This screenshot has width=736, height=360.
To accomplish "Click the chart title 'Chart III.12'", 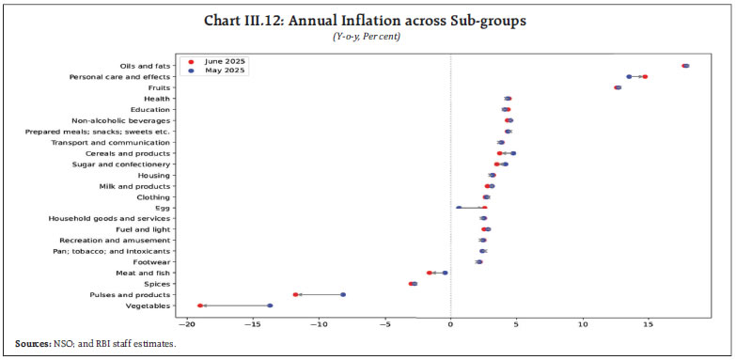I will (368, 23).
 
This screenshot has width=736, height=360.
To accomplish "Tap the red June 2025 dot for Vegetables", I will (200, 305).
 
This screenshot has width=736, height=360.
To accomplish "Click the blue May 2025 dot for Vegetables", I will (270, 305).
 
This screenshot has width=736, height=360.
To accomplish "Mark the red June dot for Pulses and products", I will (295, 294).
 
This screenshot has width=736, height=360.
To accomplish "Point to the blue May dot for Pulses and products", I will (343, 294).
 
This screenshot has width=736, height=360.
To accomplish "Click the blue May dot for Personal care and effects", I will (629, 76).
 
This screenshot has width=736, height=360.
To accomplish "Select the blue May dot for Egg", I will (459, 208).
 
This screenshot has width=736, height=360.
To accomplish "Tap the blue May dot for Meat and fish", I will (445, 273).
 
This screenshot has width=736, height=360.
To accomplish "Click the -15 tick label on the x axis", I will (254, 325).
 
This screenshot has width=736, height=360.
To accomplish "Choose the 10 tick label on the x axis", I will (582, 325).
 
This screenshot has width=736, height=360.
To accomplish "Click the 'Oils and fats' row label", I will (146, 66).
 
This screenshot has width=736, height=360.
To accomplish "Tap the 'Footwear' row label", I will (151, 262).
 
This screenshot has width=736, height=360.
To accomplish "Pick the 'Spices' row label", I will (156, 284).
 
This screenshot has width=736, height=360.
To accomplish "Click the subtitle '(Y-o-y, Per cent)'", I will (368, 38).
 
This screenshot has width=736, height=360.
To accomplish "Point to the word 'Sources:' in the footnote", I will (37, 344).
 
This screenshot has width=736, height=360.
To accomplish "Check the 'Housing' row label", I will (153, 175).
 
